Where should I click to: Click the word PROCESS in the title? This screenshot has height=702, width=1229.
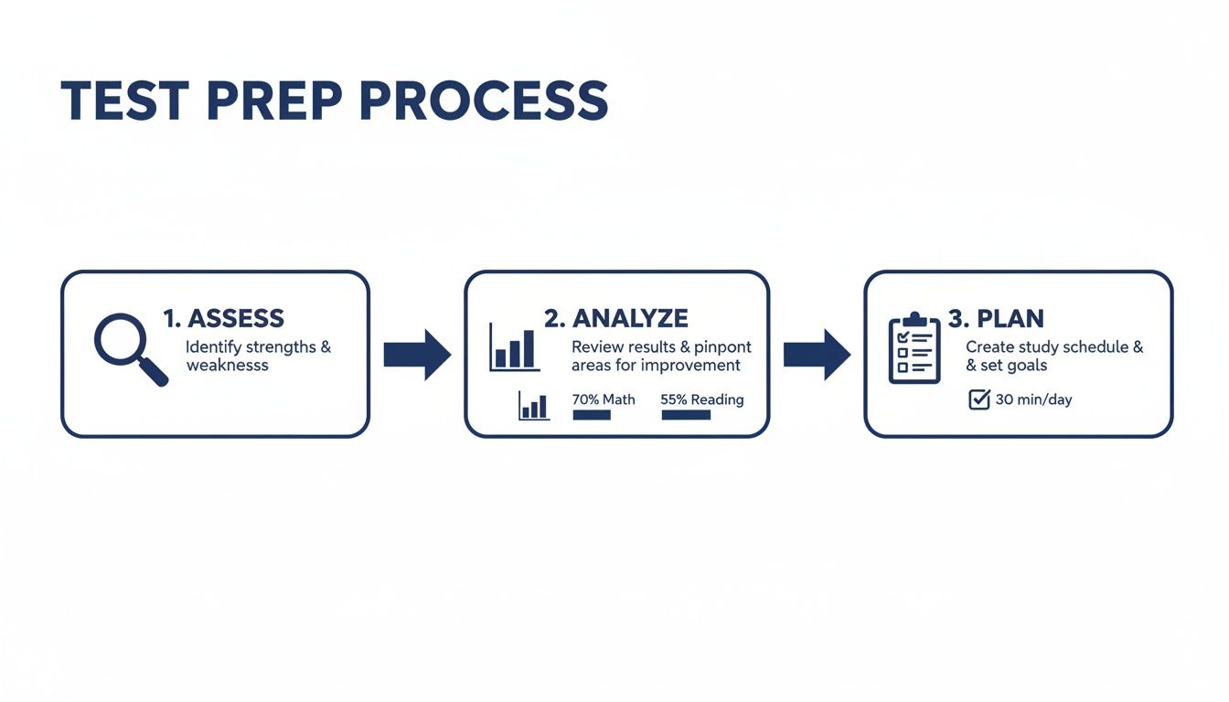click(484, 101)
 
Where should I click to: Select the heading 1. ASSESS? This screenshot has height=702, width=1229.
click(223, 318)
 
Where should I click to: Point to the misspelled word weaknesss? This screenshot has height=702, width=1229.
click(227, 366)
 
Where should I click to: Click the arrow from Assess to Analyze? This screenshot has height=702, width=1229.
click(417, 354)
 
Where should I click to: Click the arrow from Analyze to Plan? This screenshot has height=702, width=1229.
click(817, 354)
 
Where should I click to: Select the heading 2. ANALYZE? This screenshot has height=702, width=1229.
click(615, 318)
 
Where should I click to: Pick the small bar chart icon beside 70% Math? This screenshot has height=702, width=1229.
click(533, 405)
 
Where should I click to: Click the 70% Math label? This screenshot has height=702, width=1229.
click(603, 399)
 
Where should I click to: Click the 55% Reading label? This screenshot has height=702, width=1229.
click(701, 399)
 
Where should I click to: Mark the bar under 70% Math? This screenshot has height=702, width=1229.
click(592, 415)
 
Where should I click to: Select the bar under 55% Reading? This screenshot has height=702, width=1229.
click(685, 415)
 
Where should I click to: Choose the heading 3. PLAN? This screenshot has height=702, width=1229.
click(996, 318)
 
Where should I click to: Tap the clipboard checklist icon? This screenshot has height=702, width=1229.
click(914, 349)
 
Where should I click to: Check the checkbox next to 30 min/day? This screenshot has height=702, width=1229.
click(978, 399)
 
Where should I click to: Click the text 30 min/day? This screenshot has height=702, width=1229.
click(1033, 399)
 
